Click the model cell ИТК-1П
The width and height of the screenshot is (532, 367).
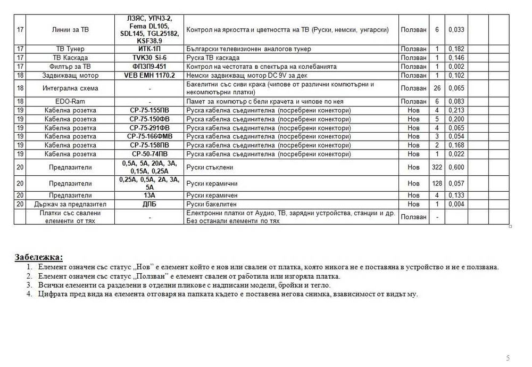[149, 49]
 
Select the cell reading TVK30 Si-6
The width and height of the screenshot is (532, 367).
[149, 58]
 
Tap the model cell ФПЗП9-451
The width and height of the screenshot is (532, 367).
[149, 67]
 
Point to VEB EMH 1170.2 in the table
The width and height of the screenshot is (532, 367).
[149, 76]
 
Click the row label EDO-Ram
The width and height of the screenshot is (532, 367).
[67, 101]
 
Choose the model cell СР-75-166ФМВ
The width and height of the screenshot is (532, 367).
[149, 136]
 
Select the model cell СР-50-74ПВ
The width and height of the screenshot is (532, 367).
[149, 154]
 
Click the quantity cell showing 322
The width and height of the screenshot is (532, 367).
[437, 167]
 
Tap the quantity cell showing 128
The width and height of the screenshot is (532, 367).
[437, 183]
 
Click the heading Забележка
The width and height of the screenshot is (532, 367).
[39, 257]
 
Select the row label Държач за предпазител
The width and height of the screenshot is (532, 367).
[67, 204]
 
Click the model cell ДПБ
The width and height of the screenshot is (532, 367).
[149, 204]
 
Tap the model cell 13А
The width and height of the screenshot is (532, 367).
[149, 195]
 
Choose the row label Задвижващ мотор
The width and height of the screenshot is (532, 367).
[67, 76]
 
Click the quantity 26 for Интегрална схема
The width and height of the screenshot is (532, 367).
[437, 88]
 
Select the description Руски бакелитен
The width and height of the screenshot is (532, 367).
[210, 204]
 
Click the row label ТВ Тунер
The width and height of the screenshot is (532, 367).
[67, 49]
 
